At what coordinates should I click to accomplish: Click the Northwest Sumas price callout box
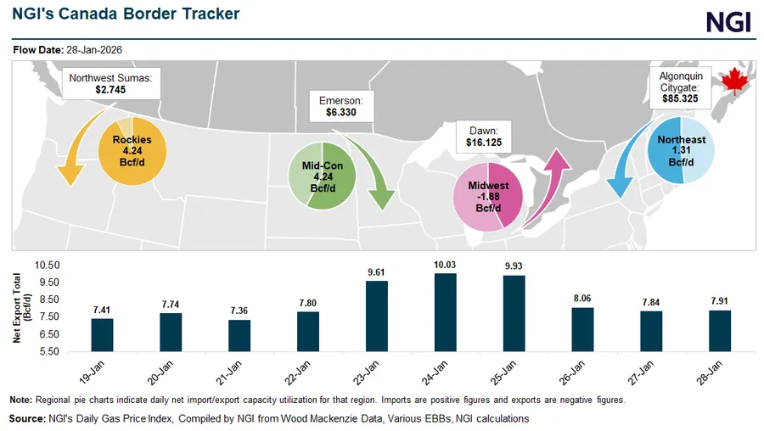click(x=111, y=83)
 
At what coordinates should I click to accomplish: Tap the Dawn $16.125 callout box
click(x=484, y=137)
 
